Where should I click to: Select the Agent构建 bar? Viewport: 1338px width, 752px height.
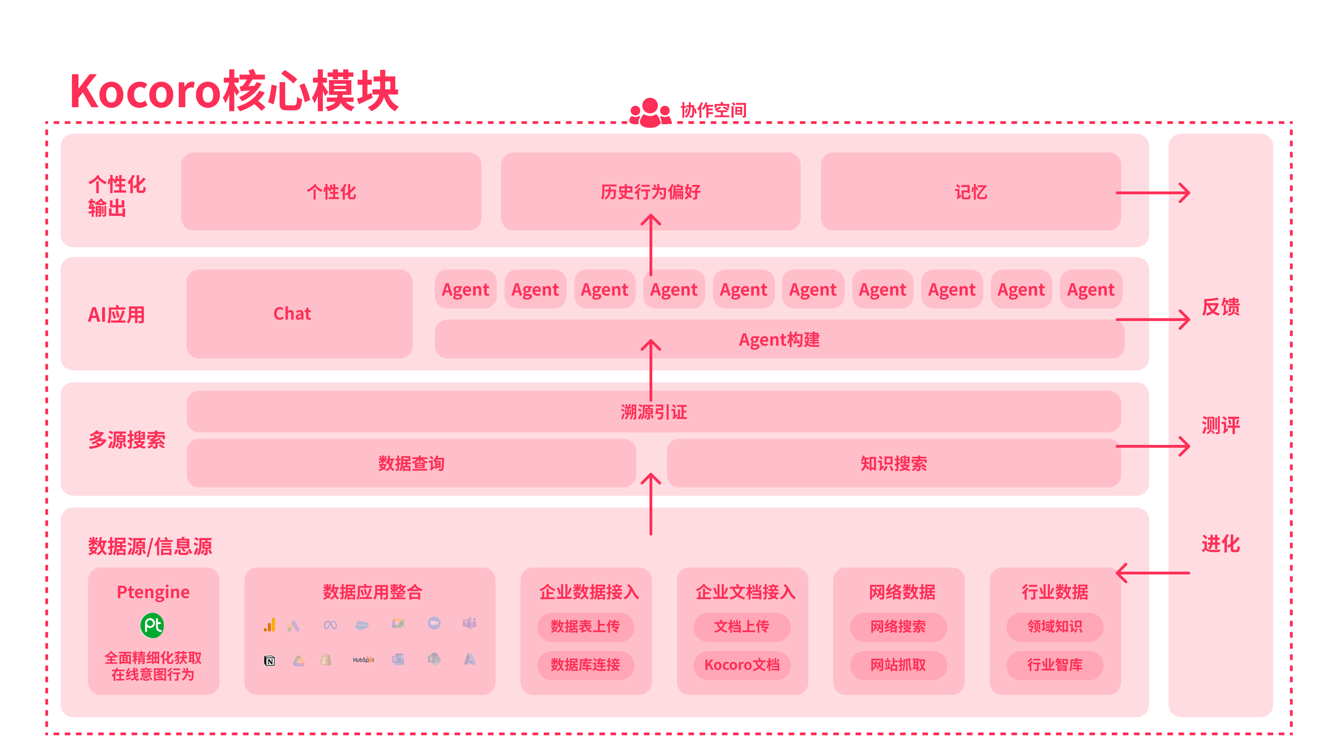pos(779,339)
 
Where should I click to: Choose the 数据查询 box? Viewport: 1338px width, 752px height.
pos(411,463)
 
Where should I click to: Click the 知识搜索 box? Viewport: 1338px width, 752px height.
pos(893,463)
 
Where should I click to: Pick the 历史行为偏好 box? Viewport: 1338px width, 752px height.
pos(650,191)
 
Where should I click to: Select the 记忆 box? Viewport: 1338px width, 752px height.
pos(970,191)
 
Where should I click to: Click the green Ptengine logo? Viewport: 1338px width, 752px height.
pos(152,625)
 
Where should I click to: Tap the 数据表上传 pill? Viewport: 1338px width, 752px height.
pos(585,626)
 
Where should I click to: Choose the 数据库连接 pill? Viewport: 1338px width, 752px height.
pos(585,665)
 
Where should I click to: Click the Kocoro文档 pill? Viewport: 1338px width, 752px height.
pos(742,665)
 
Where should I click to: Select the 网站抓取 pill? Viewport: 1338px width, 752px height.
pos(898,665)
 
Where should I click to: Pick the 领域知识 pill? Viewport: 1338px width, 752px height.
pos(1054,626)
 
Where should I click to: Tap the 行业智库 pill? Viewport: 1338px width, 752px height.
pos(1054,665)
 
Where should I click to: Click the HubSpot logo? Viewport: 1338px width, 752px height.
pos(363,660)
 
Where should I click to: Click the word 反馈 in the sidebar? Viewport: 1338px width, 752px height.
pos(1221,307)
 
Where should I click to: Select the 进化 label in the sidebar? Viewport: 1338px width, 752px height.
pos(1221,544)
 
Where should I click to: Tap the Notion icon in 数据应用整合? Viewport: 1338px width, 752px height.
pos(270,661)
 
